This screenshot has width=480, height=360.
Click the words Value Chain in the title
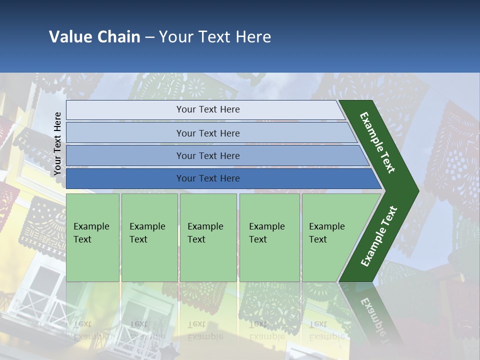[94, 37]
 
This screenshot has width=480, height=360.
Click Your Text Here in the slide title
[215, 37]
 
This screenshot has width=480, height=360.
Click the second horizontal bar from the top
[207, 133]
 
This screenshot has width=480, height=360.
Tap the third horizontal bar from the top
[207, 155]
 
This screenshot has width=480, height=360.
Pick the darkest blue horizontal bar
[207, 178]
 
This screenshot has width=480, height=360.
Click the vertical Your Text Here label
[57, 143]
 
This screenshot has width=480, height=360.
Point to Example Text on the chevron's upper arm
[377, 142]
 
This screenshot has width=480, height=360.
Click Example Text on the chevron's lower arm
[378, 236]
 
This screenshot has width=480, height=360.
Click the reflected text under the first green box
[91, 330]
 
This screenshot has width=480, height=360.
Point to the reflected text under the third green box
[205, 330]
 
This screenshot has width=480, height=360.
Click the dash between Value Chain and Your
[149, 37]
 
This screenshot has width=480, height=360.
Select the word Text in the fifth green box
[318, 239]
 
